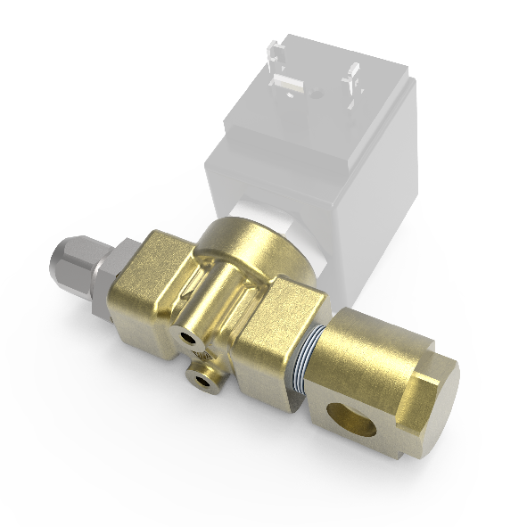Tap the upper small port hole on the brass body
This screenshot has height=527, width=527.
(x=186, y=337)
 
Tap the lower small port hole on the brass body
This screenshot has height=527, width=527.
(x=207, y=381)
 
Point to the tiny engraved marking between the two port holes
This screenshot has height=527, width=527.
(x=201, y=358)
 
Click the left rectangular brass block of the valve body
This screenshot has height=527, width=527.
(x=143, y=285)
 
